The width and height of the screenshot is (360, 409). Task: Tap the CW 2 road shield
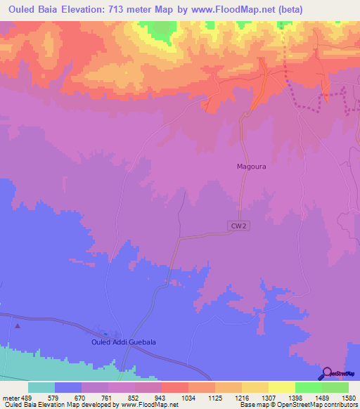(238, 225)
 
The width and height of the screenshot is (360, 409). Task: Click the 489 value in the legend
(25, 397)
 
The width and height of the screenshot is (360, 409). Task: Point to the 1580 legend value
(340, 397)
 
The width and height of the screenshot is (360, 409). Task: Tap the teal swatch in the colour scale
(41, 387)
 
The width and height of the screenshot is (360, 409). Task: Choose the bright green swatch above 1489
(308, 387)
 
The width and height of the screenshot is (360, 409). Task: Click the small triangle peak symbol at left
(18, 325)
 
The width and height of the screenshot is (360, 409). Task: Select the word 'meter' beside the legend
(9, 397)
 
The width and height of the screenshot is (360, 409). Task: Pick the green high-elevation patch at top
(163, 30)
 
